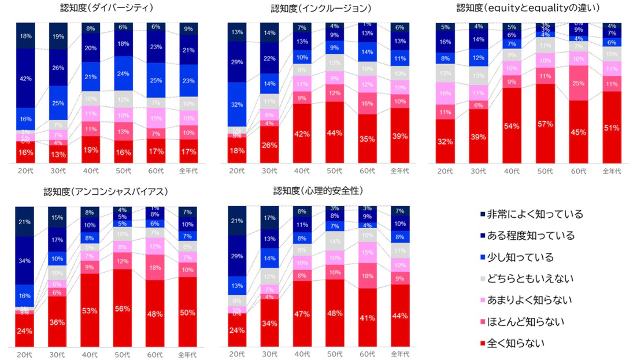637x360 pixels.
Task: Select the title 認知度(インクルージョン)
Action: pos(321,9)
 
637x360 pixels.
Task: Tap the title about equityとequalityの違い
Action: pos(528,8)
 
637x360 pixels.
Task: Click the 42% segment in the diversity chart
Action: pos(25,79)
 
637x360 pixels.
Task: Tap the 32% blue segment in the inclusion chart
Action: pos(236,105)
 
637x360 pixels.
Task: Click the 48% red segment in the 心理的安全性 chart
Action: pos(335,313)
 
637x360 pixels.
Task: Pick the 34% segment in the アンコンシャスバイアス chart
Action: pos(25,261)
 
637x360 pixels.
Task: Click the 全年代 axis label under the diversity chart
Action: pos(188,171)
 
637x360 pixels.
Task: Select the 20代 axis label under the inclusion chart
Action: pos(236,171)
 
